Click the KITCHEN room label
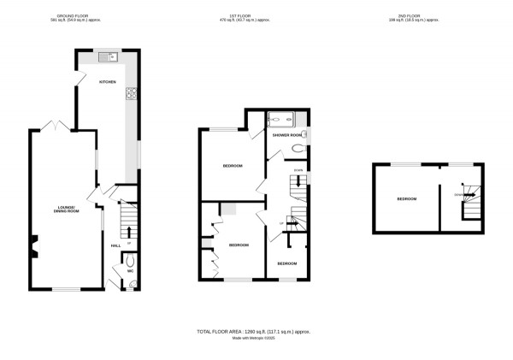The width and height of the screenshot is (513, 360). pos(107,81)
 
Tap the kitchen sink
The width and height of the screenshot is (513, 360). pos(109,57)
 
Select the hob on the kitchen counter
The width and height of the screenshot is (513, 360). pos(133,95)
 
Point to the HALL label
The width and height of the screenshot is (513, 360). pos(115,245)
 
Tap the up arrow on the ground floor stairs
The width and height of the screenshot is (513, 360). pos(129,231)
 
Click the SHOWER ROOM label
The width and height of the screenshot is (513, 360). pos(286,135)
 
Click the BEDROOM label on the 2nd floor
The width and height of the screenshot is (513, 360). pos(406,199)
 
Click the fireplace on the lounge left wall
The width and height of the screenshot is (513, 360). pos(34,249)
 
